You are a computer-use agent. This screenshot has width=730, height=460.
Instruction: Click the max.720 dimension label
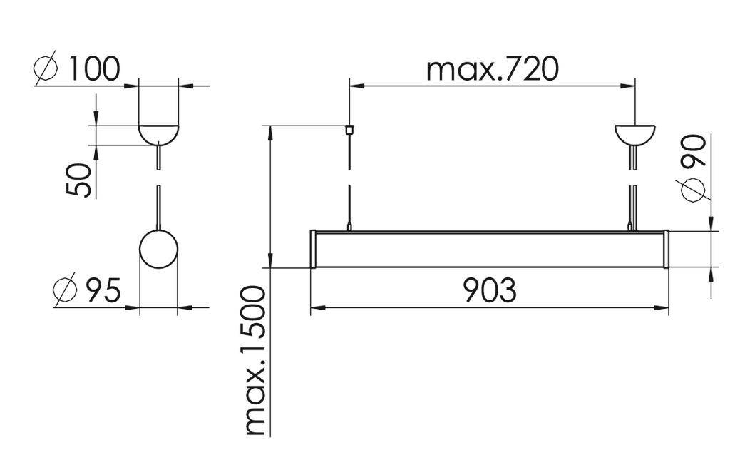[492, 69]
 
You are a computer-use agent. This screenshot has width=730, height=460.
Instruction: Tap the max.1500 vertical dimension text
[255, 361]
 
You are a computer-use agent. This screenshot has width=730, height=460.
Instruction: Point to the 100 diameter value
[93, 69]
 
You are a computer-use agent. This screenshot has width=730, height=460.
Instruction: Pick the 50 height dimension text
[79, 180]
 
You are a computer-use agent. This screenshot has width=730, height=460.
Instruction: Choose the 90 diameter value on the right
[694, 150]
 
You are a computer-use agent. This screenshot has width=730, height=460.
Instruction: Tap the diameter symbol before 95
[66, 292]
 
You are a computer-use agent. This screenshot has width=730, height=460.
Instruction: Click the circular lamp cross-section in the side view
[158, 249]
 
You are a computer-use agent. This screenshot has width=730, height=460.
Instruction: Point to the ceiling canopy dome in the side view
[158, 133]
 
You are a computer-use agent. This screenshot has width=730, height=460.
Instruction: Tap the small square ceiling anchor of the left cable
[349, 130]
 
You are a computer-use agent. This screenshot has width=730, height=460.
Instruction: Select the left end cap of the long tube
[314, 249]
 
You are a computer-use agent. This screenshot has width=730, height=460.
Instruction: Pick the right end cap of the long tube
[666, 249]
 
